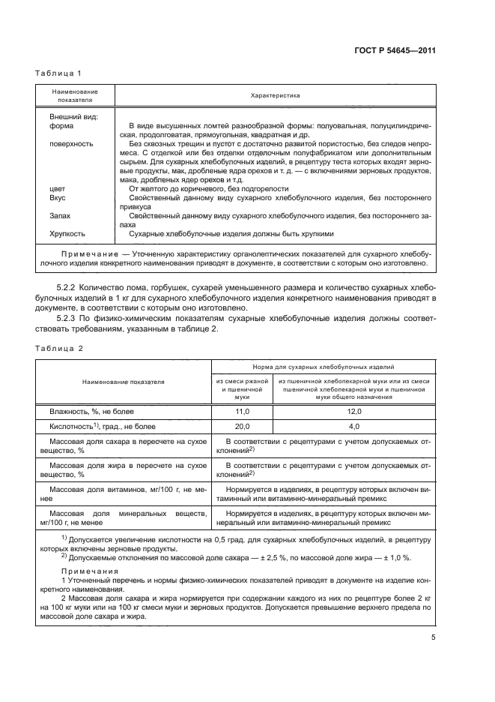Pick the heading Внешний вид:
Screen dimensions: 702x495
[x=70, y=117]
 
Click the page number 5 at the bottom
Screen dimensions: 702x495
[x=433, y=637]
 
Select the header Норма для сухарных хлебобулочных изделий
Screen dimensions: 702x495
[x=323, y=367]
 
